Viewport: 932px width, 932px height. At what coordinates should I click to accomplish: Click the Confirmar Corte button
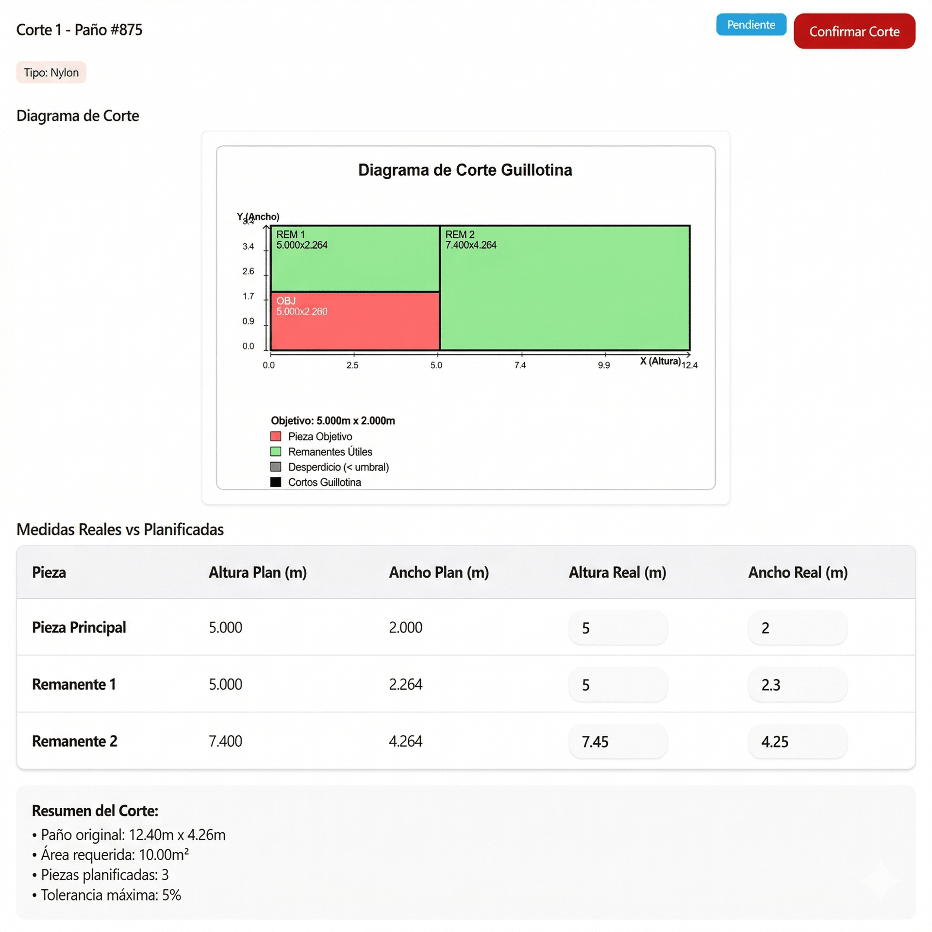[x=854, y=32]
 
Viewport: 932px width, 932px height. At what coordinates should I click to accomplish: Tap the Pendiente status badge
[x=750, y=25]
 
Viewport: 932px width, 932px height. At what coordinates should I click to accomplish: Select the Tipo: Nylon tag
[x=51, y=72]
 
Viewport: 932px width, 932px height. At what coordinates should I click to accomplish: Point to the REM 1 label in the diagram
[x=290, y=234]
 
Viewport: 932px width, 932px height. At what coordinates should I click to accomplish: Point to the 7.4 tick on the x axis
[x=520, y=365]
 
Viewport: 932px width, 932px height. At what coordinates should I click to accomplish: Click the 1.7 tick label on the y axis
[x=248, y=296]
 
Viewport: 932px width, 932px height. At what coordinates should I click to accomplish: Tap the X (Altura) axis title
[x=660, y=361]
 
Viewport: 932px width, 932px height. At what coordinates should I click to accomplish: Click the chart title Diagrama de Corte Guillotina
[x=465, y=170]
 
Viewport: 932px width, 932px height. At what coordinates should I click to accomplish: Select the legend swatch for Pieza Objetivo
[x=276, y=436]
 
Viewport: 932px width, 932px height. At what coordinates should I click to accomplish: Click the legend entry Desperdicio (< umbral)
[x=338, y=467]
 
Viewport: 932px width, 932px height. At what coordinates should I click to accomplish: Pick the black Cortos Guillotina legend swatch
[x=276, y=482]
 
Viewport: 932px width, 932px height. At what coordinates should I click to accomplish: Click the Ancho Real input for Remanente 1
[x=798, y=684]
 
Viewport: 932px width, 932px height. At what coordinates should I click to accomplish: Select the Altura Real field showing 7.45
[x=618, y=741]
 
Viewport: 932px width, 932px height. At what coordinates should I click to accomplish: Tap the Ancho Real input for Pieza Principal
[x=798, y=628]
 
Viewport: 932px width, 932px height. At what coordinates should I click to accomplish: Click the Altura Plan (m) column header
[x=258, y=572]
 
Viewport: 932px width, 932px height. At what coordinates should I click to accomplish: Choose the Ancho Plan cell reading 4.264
[x=405, y=741]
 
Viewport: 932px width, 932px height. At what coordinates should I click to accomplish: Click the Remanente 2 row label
[x=75, y=741]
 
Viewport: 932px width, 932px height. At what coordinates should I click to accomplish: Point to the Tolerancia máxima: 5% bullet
[x=111, y=895]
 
